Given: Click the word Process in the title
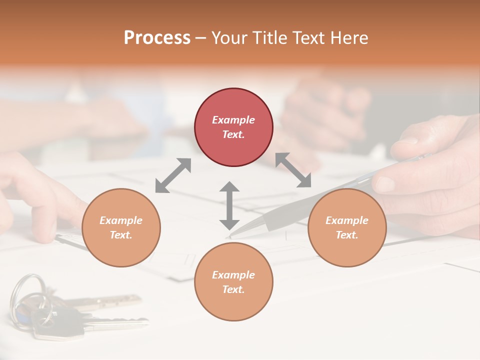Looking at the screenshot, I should [x=157, y=38].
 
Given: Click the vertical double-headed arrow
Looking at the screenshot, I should [x=229, y=205].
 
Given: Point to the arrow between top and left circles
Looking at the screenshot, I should [x=173, y=175].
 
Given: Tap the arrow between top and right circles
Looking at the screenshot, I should [x=293, y=170].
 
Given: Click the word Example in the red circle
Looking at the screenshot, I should [x=233, y=120].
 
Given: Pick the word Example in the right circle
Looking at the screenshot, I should [x=347, y=220].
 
